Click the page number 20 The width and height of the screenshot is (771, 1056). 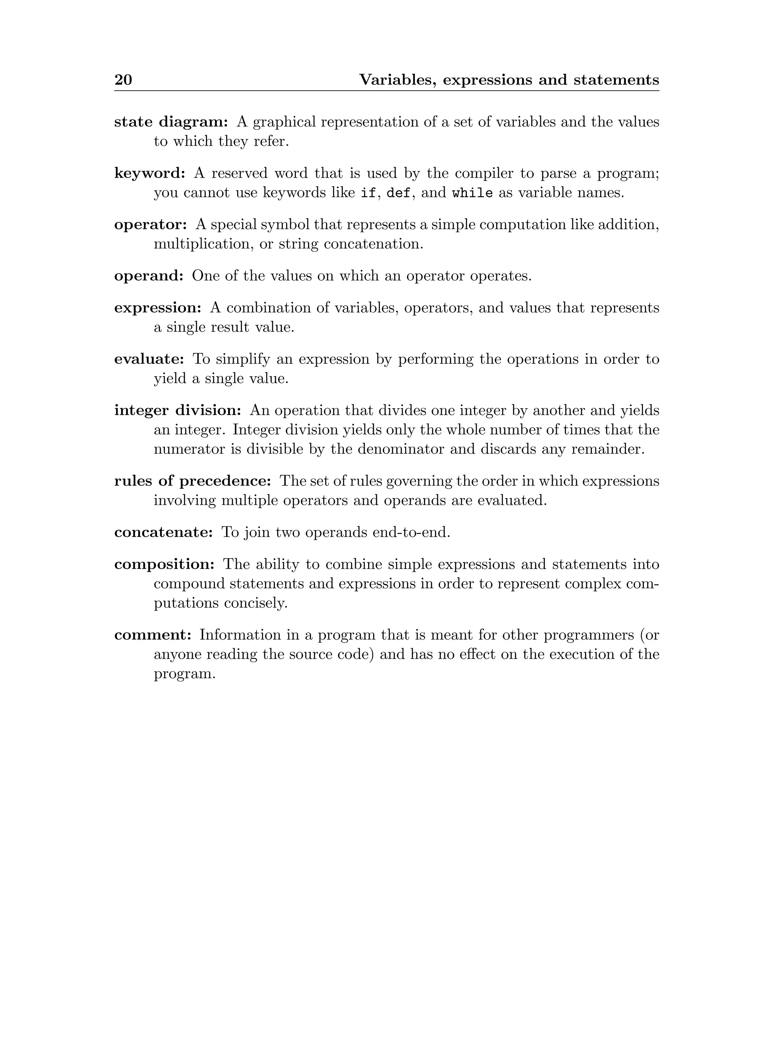coord(123,80)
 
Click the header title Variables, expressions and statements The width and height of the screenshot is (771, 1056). coord(509,80)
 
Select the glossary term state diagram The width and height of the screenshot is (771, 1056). coord(171,122)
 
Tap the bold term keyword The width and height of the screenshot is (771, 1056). coord(150,173)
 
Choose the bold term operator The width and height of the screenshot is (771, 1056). coord(151,225)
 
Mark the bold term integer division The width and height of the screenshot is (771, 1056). coord(178,411)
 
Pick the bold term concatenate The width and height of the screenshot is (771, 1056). coord(164,533)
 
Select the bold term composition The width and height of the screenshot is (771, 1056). coord(164,565)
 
